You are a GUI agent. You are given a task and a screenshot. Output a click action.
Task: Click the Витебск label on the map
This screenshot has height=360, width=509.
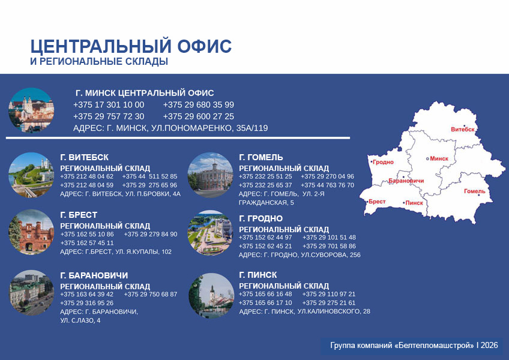463,129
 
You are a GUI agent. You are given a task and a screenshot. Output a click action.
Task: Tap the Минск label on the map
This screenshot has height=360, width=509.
439,158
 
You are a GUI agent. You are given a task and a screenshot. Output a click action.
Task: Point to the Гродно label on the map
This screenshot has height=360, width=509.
383,162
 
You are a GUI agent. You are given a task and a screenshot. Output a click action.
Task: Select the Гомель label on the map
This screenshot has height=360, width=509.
475,191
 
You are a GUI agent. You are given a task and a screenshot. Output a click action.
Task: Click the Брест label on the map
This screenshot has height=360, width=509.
377,202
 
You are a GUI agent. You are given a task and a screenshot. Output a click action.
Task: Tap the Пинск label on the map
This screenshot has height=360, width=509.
414,203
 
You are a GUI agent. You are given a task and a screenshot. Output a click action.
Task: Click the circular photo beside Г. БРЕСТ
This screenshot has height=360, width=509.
31,232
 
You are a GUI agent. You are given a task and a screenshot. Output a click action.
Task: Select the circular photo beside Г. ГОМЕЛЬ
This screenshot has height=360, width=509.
210,175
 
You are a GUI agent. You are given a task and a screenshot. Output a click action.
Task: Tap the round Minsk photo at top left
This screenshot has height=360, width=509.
31,110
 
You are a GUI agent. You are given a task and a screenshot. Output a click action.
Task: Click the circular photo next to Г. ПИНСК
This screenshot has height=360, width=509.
211,296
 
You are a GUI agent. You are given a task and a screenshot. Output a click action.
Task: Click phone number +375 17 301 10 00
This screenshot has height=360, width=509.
109,105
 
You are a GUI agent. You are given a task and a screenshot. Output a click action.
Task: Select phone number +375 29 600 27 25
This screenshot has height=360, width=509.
198,116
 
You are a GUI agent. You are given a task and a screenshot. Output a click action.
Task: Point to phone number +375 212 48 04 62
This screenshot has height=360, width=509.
86,176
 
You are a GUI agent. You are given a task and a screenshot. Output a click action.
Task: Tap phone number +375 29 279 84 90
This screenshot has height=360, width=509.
151,234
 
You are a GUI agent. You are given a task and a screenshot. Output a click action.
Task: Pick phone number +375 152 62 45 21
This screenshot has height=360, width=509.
265,246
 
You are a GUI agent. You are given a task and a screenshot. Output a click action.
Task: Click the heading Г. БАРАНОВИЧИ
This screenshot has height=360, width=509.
94,275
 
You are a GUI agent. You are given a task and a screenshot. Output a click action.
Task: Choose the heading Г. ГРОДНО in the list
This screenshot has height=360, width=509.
261,218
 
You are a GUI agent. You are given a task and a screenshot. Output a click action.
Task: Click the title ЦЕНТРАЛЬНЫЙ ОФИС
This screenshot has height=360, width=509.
131,46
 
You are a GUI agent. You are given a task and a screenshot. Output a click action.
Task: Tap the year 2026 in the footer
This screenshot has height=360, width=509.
489,345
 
